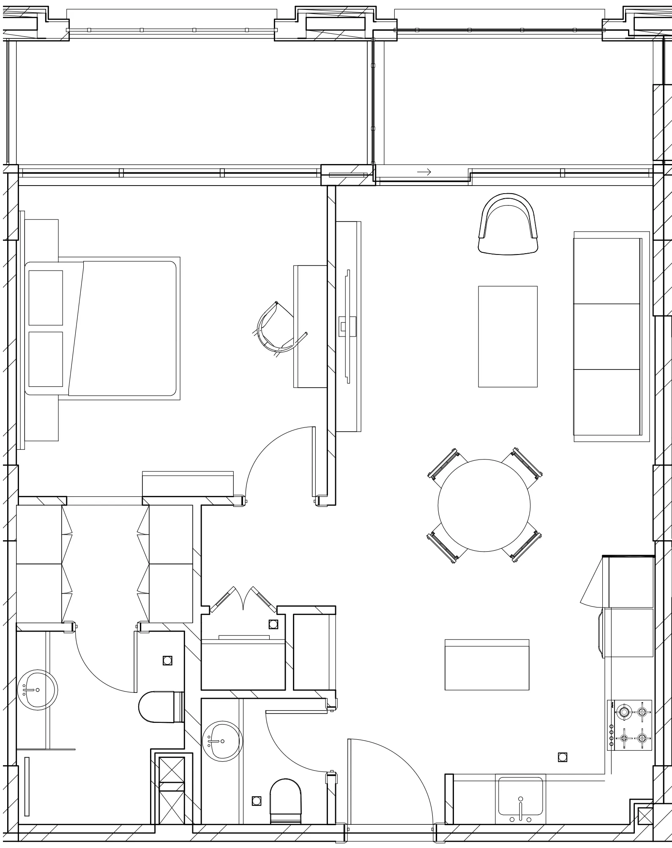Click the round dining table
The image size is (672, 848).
[484, 505]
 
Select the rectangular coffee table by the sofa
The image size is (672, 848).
[508, 336]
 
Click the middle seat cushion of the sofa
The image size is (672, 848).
[606, 336]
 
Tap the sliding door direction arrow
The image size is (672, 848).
[424, 172]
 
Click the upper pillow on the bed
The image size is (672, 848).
[46, 298]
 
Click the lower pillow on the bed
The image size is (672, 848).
[46, 359]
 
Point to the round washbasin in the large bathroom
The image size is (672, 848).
[37, 689]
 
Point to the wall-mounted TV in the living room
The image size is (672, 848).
[348, 326]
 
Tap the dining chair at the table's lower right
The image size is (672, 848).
[523, 546]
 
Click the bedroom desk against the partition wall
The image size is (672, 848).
[310, 326]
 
